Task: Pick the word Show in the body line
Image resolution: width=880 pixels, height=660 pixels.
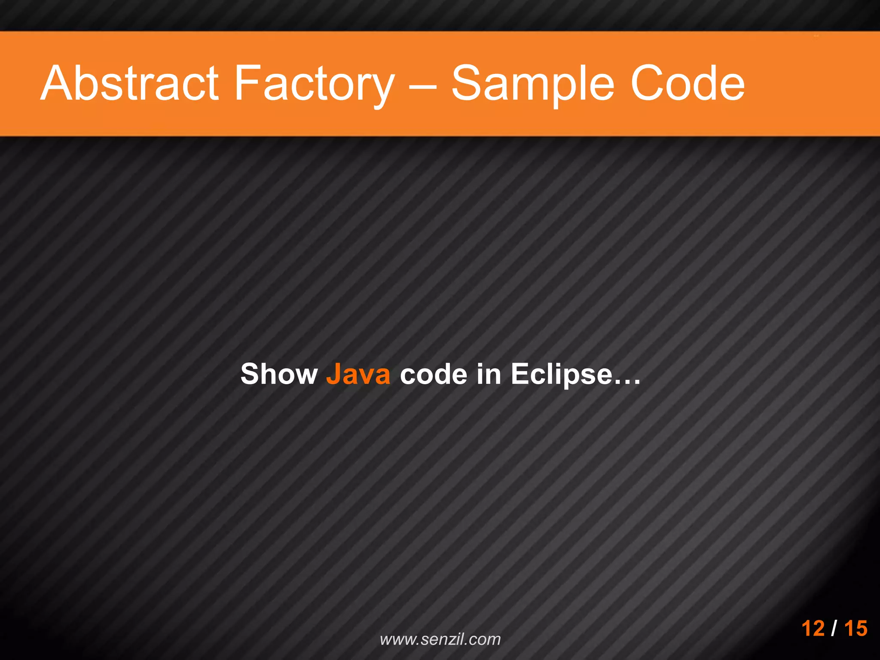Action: point(279,374)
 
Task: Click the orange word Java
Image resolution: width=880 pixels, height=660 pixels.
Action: point(358,374)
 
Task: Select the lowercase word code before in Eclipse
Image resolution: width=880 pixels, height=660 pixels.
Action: point(433,374)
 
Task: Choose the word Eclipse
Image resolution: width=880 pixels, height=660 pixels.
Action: point(561,374)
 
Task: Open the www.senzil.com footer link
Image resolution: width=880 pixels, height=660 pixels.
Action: point(440,639)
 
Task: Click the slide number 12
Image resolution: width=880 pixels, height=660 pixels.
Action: point(813,628)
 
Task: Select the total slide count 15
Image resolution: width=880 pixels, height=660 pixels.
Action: point(856,628)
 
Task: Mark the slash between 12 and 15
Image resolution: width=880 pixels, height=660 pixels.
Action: point(834,628)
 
